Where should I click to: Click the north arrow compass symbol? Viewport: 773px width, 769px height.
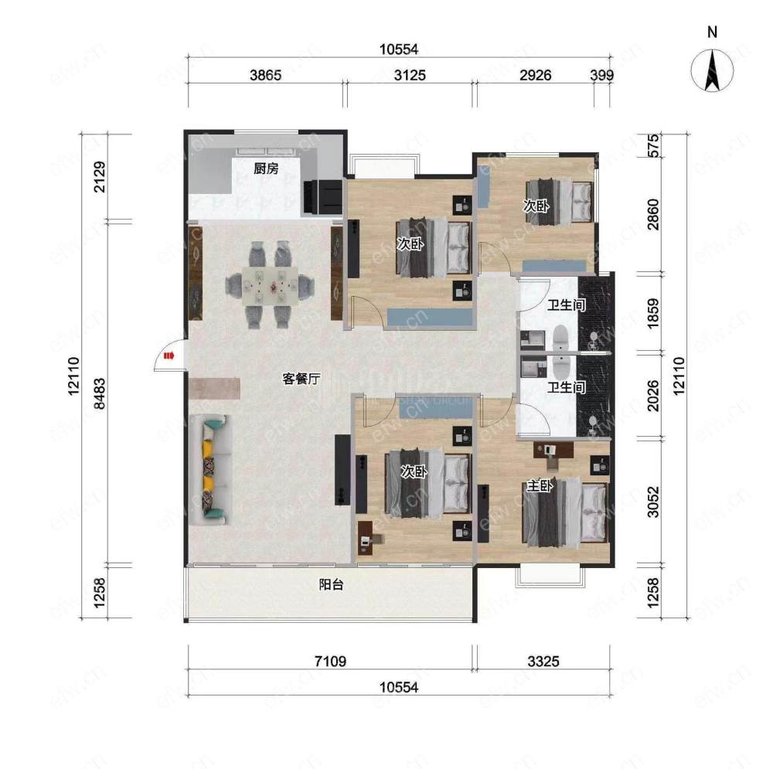point(711,71)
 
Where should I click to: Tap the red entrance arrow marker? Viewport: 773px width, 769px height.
point(169,356)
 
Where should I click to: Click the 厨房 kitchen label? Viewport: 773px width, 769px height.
point(266,168)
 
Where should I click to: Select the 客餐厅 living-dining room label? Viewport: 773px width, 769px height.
point(301,379)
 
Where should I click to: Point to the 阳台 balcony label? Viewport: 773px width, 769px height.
point(331,584)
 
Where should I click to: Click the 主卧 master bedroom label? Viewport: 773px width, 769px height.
point(540,486)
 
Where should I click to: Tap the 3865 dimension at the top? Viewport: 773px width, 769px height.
point(265,76)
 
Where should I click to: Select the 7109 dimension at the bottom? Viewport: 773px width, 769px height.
point(330,661)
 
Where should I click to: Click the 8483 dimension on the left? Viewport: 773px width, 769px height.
point(99,394)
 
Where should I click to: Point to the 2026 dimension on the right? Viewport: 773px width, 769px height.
point(652,396)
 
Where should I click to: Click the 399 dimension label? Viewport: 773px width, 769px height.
point(602,76)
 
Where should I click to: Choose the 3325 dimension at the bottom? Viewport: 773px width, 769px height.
point(543,661)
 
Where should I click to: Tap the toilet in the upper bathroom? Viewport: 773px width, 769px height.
point(561,337)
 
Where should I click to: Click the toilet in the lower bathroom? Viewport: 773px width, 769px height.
point(561,366)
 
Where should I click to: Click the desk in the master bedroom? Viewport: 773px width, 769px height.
point(553,450)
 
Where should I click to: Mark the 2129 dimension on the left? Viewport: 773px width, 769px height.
point(99,176)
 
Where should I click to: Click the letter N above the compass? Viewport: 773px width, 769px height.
point(712,32)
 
